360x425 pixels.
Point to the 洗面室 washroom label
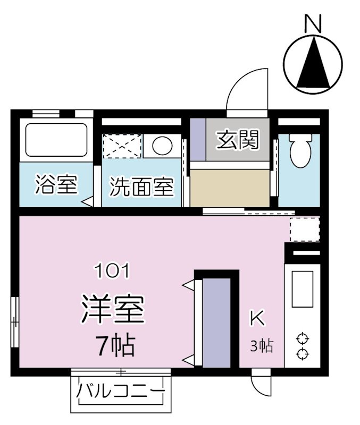(142, 188)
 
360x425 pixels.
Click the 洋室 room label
(113, 310)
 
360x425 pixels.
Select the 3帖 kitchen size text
(262, 346)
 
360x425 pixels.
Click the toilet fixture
(299, 149)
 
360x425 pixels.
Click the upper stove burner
(303, 338)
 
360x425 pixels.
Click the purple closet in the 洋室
(217, 322)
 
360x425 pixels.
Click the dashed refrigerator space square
(304, 229)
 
